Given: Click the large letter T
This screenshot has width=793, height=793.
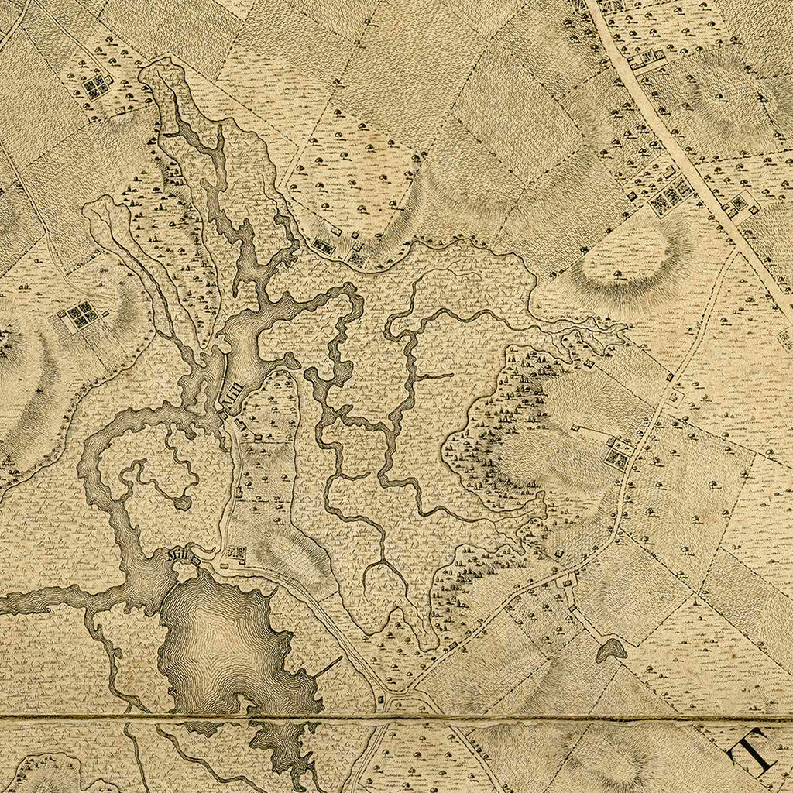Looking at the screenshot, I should click(x=754, y=750).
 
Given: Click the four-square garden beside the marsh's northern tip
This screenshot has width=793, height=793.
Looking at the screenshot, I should click(x=98, y=86).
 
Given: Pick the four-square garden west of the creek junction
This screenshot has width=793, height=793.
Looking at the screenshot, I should click(x=81, y=315).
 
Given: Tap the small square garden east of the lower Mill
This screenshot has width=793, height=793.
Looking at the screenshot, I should click(x=236, y=553).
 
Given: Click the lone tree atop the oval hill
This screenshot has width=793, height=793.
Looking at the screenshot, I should click(x=617, y=273).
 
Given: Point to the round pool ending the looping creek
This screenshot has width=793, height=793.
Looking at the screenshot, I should click(x=183, y=503).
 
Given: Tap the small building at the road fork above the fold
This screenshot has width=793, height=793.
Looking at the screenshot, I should click(x=380, y=701).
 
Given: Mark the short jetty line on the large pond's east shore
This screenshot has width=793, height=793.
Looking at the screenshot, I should click(x=328, y=665).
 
